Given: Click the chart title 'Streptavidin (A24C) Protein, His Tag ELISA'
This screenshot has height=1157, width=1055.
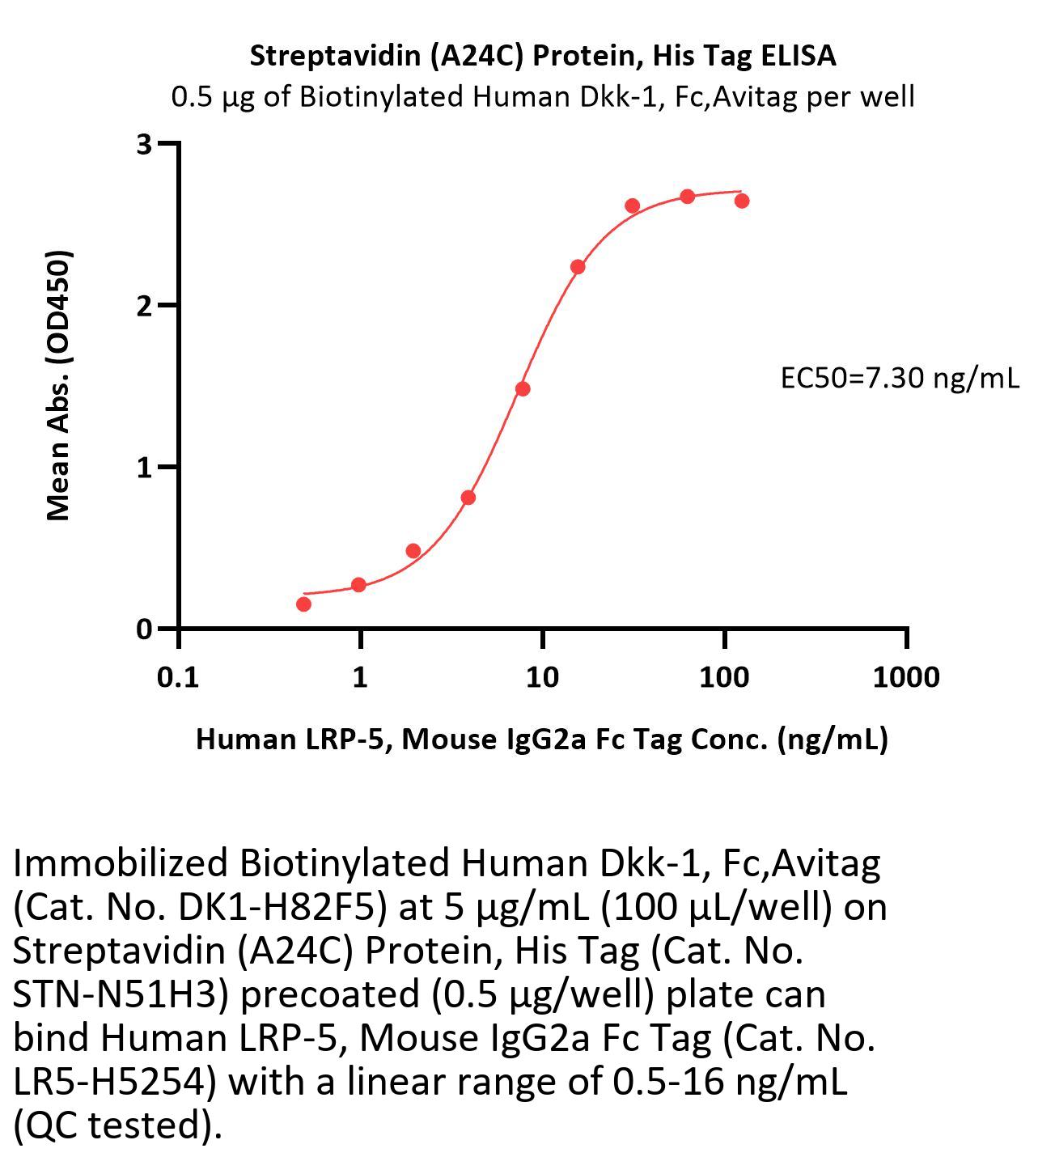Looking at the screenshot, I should pos(542,56).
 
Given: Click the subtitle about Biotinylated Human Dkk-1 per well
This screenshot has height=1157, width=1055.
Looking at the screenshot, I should pos(542,97).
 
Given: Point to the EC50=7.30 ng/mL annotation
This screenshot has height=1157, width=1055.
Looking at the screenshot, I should pos(899,377).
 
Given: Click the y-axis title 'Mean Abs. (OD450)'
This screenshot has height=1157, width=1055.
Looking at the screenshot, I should pos(59,385).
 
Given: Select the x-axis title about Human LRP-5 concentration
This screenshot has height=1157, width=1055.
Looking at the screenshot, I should pos(541,739).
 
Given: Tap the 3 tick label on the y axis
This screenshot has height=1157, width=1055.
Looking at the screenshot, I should pos(145,144).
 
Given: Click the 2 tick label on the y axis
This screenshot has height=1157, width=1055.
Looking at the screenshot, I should pos(145,306).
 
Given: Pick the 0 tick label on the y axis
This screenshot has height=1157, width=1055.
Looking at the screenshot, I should pos(145,629).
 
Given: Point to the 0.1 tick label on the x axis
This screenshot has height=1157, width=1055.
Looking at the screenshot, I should pos(178,676).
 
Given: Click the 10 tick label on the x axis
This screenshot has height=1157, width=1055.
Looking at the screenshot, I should pos(542,676).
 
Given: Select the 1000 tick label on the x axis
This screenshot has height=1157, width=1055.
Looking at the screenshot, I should pos(906,676).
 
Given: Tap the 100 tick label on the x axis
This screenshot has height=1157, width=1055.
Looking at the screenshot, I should pos(724,676).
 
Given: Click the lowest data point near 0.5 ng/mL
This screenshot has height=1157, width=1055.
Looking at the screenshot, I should pos(303,604).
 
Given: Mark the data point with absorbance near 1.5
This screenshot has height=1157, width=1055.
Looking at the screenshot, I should pos(523,388).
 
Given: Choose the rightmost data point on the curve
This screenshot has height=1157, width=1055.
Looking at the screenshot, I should pos(742,200).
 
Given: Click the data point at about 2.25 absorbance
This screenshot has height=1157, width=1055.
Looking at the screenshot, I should pos(578,267).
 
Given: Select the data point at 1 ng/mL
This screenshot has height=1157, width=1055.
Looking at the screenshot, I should pos(358,584).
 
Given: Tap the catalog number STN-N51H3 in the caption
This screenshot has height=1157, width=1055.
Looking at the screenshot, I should pos(121,994).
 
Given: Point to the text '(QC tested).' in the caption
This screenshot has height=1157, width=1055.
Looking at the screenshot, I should pos(117,1125).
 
